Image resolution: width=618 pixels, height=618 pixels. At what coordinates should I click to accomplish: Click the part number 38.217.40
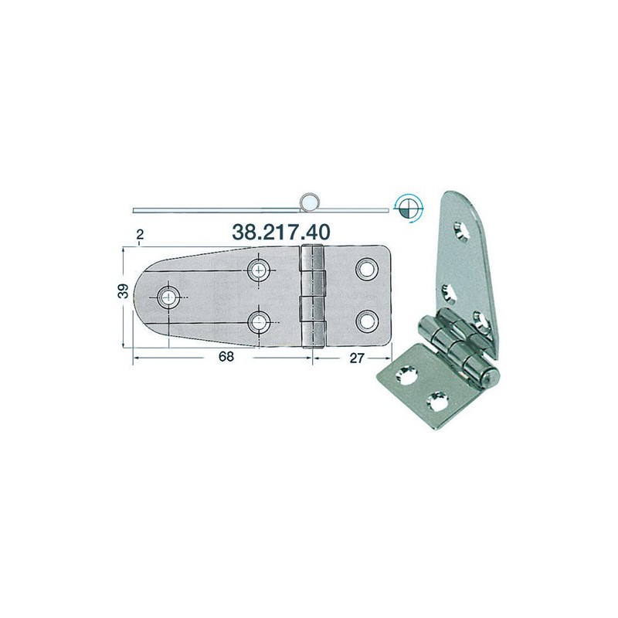click(x=280, y=233)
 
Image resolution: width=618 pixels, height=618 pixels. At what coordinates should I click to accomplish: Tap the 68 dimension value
click(x=226, y=356)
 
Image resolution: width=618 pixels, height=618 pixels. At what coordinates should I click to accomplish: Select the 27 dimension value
click(x=357, y=358)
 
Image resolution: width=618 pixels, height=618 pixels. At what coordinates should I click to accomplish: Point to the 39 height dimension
click(x=124, y=291)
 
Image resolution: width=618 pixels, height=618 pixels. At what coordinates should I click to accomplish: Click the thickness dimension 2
click(x=140, y=235)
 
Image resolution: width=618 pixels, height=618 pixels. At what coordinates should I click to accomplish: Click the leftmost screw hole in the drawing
click(x=168, y=297)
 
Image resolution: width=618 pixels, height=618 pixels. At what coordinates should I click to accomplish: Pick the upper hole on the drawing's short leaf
click(x=367, y=269)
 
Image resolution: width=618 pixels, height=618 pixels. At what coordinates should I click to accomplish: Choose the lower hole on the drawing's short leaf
click(x=367, y=321)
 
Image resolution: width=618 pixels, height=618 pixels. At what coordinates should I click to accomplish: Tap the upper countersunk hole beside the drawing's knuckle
click(x=259, y=270)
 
